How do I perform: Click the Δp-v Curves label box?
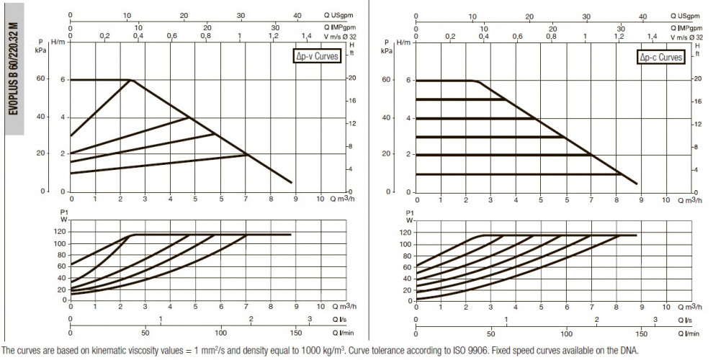point(316,56)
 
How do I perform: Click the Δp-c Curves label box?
point(660,57)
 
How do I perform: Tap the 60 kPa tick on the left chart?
point(40,78)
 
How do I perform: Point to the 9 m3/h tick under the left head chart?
point(295,199)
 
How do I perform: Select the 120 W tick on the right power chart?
point(406,233)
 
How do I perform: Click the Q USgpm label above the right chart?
point(685,16)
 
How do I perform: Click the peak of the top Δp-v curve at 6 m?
point(132,80)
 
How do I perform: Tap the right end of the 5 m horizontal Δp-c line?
point(506,99)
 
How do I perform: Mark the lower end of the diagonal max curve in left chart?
point(292,183)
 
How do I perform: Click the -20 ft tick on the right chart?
point(696,78)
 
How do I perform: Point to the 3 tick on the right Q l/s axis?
point(655,320)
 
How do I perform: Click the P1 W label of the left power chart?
point(64,216)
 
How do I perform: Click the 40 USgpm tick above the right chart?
point(642,17)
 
